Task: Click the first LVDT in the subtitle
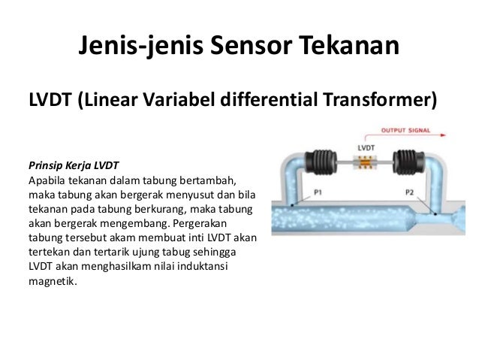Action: pos(50,99)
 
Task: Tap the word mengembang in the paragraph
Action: pos(131,223)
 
